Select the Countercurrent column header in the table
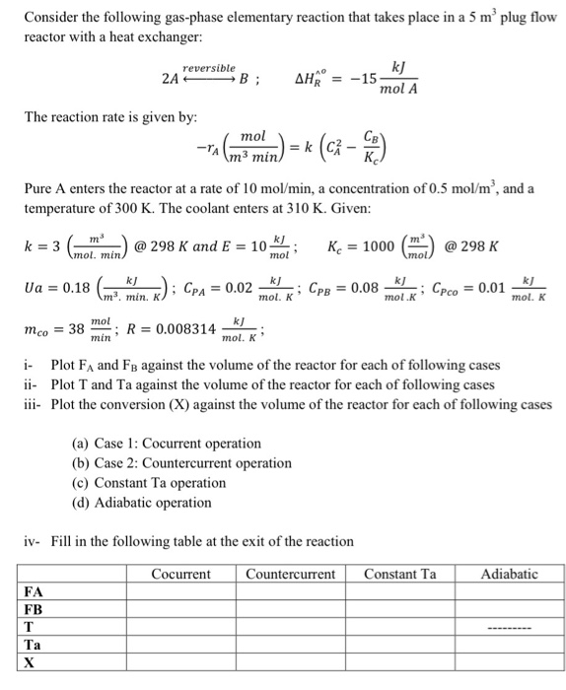(x=290, y=574)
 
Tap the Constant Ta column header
(x=399, y=574)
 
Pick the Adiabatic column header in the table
(x=510, y=574)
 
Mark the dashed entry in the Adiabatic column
(x=510, y=629)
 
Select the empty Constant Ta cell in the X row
(x=399, y=663)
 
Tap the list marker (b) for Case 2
(x=83, y=463)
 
